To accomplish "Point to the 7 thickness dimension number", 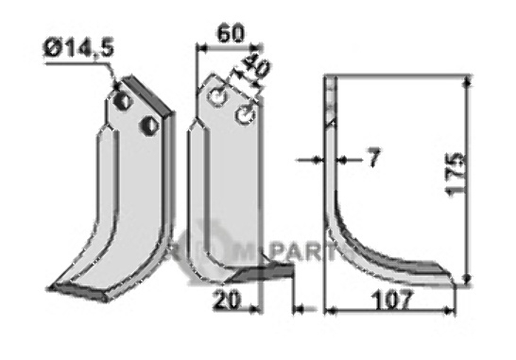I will (373, 159).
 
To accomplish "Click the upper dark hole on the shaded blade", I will (124, 99).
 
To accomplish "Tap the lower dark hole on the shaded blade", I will (146, 124).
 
